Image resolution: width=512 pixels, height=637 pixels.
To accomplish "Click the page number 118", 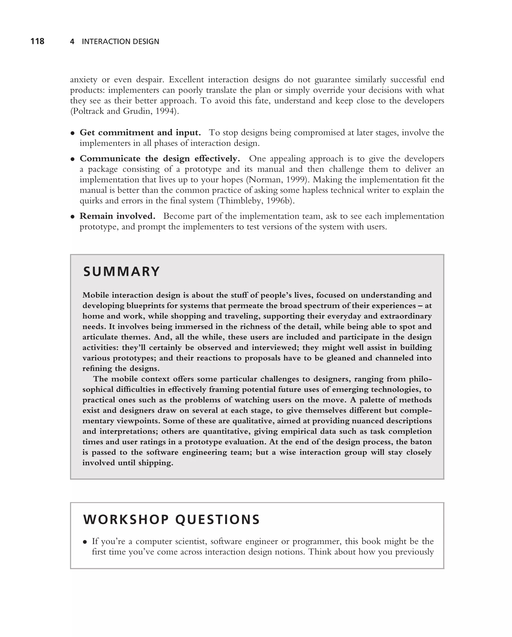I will pyautogui.click(x=37, y=41).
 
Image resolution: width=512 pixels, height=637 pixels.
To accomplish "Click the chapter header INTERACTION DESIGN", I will pyautogui.click(x=120, y=42).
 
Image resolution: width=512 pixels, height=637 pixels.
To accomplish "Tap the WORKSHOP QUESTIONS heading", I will pyautogui.click(x=171, y=519).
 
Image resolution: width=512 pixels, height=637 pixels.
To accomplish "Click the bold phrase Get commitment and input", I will pyautogui.click(x=140, y=133).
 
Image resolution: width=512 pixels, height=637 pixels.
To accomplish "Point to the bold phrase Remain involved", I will pyautogui.click(x=117, y=216).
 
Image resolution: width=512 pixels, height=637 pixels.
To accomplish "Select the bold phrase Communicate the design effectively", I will pyautogui.click(x=159, y=159).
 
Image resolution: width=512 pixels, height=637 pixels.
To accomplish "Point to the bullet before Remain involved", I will pyautogui.click(x=72, y=217).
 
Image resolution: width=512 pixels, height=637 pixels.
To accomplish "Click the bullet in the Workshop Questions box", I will pyautogui.click(x=85, y=542).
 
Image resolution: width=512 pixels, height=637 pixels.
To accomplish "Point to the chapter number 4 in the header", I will pyautogui.click(x=72, y=42).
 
